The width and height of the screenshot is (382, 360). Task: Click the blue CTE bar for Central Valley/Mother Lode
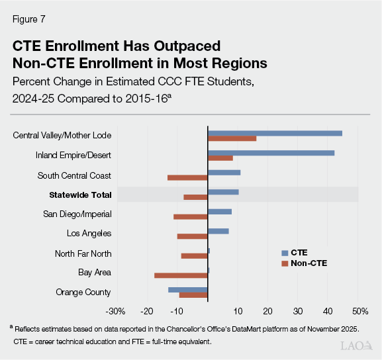pos(275,133)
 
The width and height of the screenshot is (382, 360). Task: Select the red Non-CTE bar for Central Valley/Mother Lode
pos(232,138)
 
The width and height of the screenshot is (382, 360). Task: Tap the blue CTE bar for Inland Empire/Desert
pos(271,153)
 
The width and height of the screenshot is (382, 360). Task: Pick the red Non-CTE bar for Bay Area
pos(181,275)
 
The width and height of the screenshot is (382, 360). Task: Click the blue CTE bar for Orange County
pos(188,289)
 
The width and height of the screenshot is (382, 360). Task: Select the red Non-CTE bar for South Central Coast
pos(187,177)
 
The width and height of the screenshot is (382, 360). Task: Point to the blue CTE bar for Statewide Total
pos(223,192)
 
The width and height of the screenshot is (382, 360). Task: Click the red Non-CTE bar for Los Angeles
pos(192,236)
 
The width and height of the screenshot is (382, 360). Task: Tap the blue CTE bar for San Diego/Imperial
pos(220,212)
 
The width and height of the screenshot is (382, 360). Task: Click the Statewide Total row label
pos(80,195)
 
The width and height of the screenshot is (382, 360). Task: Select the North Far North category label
pos(83,253)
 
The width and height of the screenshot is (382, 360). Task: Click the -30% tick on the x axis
pos(116,311)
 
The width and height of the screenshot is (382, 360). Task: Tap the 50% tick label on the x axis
pos(359,311)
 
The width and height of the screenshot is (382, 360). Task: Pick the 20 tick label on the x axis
pos(267,311)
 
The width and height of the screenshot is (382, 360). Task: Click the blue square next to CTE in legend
pos(285,253)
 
